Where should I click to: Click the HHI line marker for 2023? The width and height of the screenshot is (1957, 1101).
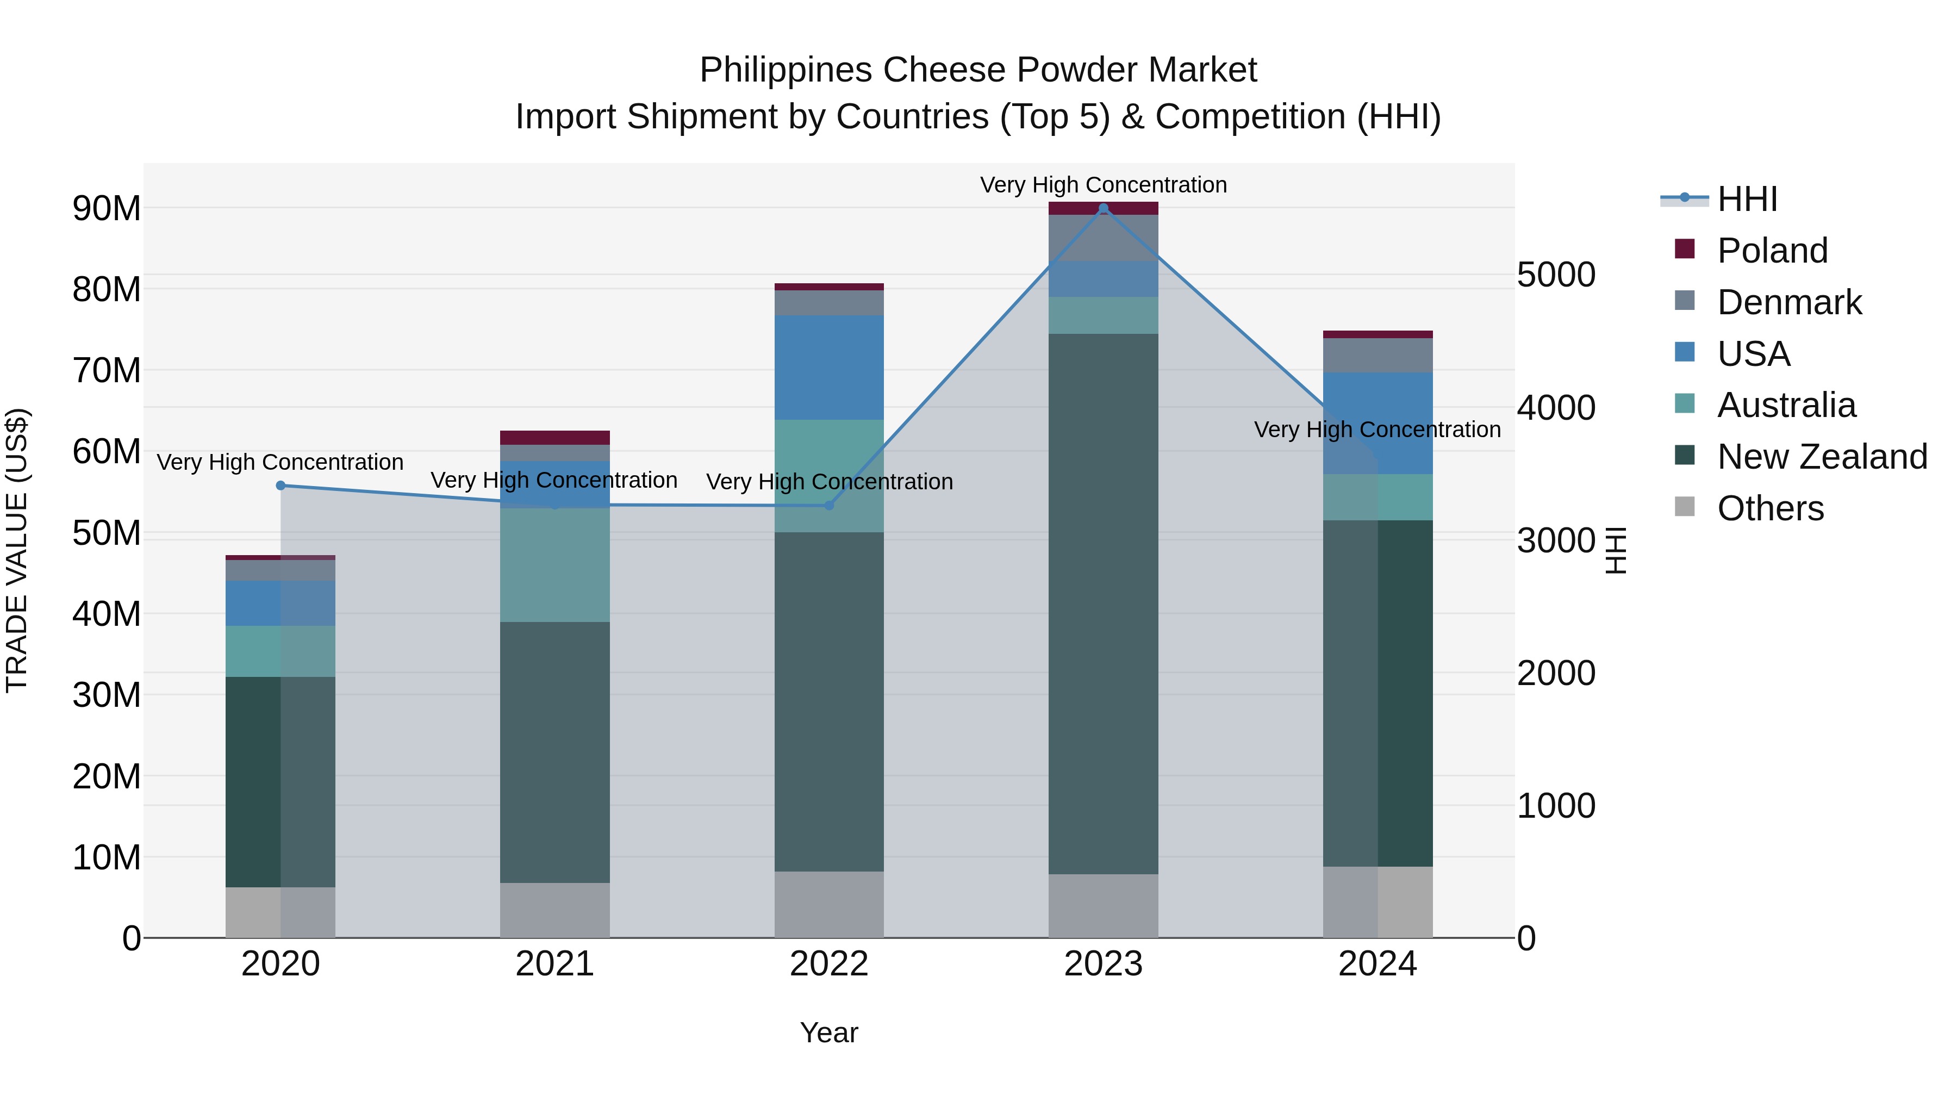pyautogui.click(x=1103, y=208)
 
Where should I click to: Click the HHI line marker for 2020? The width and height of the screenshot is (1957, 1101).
pyautogui.click(x=281, y=486)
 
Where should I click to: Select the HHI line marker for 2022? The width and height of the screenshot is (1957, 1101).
pyautogui.click(x=829, y=505)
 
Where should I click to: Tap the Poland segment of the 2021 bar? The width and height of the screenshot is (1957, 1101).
pyautogui.click(x=554, y=438)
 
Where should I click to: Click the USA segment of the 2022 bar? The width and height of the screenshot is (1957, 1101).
pyautogui.click(x=829, y=368)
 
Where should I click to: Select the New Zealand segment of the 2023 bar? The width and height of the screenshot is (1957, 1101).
pyautogui.click(x=1103, y=604)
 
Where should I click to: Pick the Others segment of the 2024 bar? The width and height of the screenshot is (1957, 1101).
pyautogui.click(x=1378, y=902)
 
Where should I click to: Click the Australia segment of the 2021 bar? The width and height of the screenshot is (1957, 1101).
pyautogui.click(x=554, y=565)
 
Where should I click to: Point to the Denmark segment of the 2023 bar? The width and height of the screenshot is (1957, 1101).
pyautogui.click(x=1103, y=238)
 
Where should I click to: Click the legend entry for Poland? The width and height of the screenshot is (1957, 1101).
pyautogui.click(x=1772, y=251)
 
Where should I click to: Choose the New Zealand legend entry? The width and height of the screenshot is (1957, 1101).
pyautogui.click(x=1821, y=457)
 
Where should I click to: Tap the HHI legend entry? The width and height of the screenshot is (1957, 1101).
pyautogui.click(x=1747, y=199)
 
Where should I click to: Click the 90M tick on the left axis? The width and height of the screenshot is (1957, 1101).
pyautogui.click(x=107, y=208)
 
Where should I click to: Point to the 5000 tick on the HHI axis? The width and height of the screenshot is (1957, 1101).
pyautogui.click(x=1555, y=275)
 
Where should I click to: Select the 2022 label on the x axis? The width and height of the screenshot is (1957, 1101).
pyautogui.click(x=829, y=964)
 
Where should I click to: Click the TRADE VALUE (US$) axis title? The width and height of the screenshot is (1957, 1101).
pyautogui.click(x=17, y=550)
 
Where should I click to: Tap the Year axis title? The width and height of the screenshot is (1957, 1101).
pyautogui.click(x=829, y=1032)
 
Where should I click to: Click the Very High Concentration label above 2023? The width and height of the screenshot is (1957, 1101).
pyautogui.click(x=1103, y=185)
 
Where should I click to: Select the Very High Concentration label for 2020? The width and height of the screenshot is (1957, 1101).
pyautogui.click(x=281, y=462)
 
